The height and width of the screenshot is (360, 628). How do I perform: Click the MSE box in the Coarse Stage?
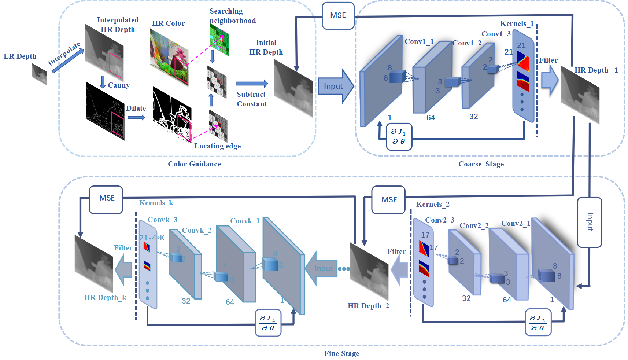(x=338, y=16)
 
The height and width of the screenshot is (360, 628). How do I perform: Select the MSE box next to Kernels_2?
(x=388, y=200)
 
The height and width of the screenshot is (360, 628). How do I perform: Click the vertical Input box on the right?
(x=589, y=222)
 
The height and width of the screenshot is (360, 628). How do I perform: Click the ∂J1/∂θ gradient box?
(x=399, y=137)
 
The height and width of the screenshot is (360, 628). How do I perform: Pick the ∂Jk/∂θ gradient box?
(x=268, y=323)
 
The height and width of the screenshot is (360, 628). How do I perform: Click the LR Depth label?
(x=20, y=56)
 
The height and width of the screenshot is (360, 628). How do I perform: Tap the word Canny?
(x=119, y=85)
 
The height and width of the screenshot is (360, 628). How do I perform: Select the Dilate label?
(x=136, y=109)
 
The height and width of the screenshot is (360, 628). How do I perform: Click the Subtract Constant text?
(x=252, y=99)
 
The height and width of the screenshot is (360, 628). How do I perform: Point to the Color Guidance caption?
(x=194, y=164)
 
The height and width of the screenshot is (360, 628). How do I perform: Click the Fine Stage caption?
(x=341, y=354)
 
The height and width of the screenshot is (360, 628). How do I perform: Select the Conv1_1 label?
(x=419, y=42)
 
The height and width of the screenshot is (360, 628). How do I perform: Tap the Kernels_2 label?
(x=433, y=205)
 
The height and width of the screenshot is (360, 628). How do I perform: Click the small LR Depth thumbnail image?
(x=39, y=74)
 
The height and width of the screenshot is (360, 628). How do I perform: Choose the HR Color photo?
(x=169, y=58)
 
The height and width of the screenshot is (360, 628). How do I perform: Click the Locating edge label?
(x=217, y=146)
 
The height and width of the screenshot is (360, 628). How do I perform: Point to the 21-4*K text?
(x=152, y=238)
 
